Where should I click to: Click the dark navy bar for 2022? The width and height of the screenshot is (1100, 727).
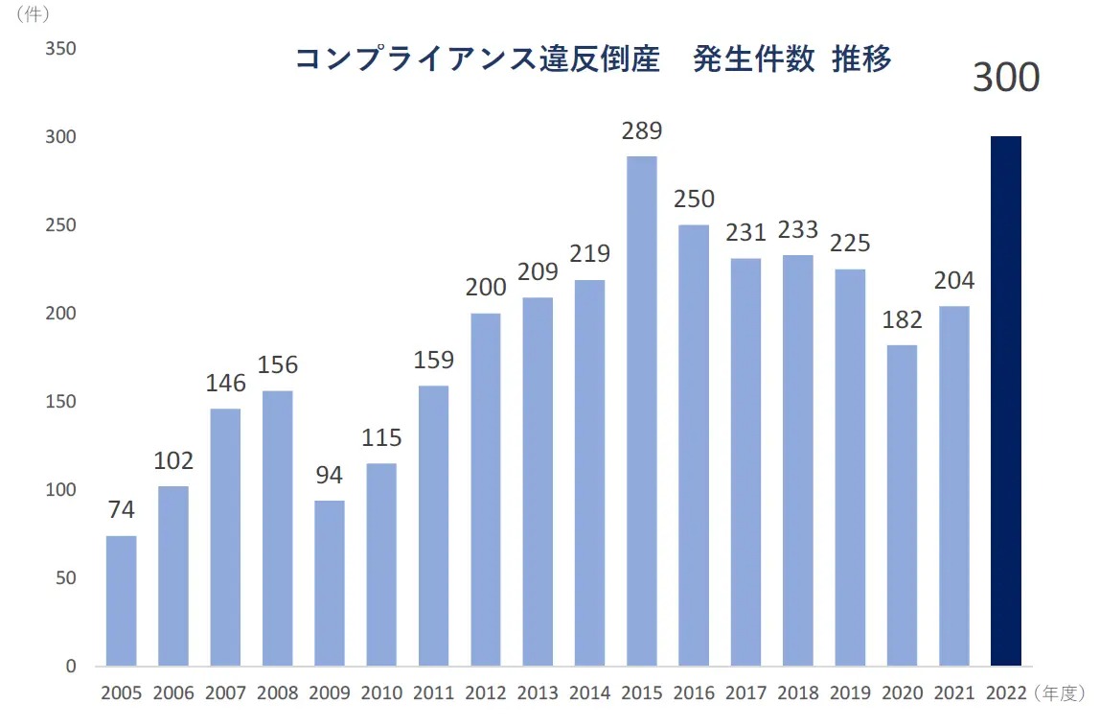[x=1005, y=401]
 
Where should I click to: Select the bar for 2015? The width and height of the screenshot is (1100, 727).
[x=642, y=410]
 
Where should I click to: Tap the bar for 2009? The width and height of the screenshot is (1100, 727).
[x=329, y=583]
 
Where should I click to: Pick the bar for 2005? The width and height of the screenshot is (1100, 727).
[x=121, y=600]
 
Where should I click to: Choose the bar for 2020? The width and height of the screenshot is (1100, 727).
[x=902, y=505]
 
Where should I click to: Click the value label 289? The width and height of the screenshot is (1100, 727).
[x=641, y=131]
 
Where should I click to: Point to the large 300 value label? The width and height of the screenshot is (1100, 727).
[x=1006, y=78]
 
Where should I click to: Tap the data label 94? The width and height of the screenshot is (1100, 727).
[x=329, y=476]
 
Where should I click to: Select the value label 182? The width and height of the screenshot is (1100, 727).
[x=902, y=320]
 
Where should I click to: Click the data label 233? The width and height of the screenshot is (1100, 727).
[x=797, y=230]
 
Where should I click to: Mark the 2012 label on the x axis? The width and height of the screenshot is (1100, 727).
[x=485, y=693]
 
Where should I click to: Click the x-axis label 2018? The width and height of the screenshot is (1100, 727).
[x=797, y=693]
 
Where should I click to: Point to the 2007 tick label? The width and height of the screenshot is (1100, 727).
[x=225, y=693]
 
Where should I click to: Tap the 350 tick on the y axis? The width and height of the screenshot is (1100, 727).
[x=60, y=49]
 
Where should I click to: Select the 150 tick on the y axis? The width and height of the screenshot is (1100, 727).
[x=60, y=402]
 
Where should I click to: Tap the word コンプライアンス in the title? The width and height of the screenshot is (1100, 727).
[x=413, y=59]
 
